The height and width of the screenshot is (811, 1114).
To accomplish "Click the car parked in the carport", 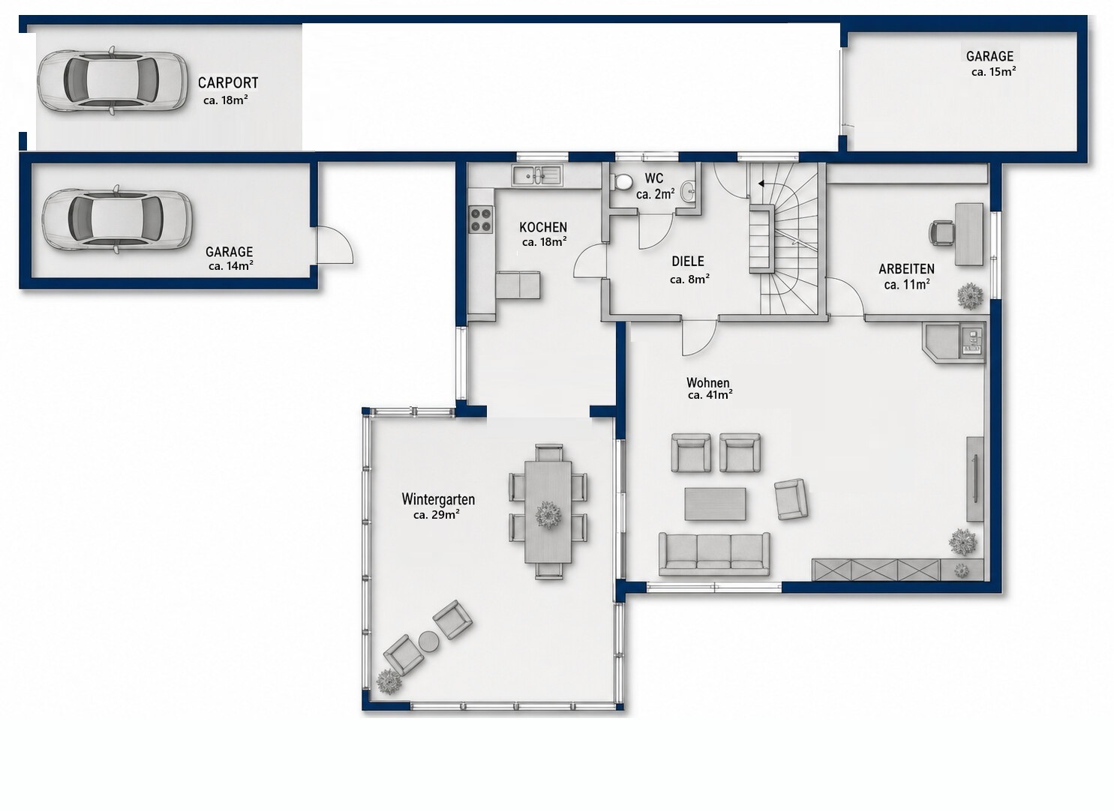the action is click(113, 82).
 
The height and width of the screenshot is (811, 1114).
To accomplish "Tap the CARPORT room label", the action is click(228, 82).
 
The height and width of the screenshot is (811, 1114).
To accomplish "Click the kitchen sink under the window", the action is click(537, 175).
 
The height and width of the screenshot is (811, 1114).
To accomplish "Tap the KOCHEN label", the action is click(543, 227).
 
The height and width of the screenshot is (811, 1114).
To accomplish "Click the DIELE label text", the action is click(688, 262).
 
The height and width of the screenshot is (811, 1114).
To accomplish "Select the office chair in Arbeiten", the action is click(942, 232).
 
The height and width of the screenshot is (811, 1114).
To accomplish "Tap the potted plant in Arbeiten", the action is click(970, 296).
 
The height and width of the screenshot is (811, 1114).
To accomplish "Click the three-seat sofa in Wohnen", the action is click(714, 554).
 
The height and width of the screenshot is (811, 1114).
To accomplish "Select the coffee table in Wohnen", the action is click(715, 504).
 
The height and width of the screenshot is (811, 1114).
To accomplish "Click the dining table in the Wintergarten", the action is click(548, 512).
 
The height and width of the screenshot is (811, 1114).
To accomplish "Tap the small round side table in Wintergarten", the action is click(428, 641).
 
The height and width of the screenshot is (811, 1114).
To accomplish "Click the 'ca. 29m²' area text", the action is click(436, 514).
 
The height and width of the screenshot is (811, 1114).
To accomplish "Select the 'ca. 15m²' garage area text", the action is click(993, 71).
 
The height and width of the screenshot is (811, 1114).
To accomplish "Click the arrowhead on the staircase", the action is click(761, 184).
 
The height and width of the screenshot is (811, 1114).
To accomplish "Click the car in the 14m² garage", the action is click(117, 219).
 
